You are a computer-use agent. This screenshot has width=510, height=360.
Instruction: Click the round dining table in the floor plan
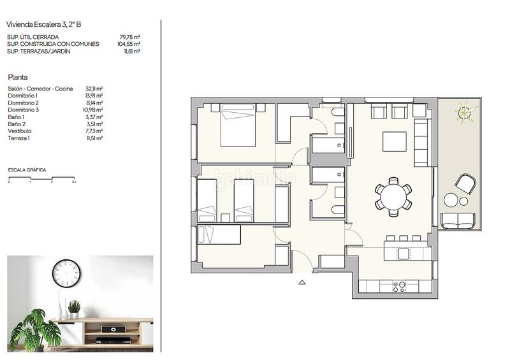(393, 195)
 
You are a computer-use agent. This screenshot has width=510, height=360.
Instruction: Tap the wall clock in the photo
(66, 273)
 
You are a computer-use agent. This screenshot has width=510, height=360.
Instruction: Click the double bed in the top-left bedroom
(238, 126)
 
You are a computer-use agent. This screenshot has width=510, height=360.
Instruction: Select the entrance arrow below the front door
(302, 282)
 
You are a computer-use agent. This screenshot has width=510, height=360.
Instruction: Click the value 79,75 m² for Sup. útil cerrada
(129, 38)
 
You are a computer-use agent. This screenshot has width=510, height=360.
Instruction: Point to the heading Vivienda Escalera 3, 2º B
(44, 24)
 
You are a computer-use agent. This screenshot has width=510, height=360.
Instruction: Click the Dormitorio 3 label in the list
(24, 110)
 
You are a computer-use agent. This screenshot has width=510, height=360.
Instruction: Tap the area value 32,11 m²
(94, 89)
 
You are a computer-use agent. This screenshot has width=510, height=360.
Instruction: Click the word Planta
(17, 76)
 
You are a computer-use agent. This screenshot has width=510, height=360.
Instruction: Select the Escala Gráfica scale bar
(41, 178)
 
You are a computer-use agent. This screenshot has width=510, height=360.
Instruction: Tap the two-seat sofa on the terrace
(458, 220)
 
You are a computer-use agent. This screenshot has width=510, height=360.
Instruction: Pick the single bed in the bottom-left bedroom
(219, 234)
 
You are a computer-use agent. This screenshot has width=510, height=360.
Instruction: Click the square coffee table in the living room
(394, 141)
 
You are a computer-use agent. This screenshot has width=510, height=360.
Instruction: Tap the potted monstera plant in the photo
(36, 328)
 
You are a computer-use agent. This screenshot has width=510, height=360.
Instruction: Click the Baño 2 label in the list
(17, 124)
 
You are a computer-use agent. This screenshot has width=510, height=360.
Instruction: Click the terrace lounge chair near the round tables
(465, 184)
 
